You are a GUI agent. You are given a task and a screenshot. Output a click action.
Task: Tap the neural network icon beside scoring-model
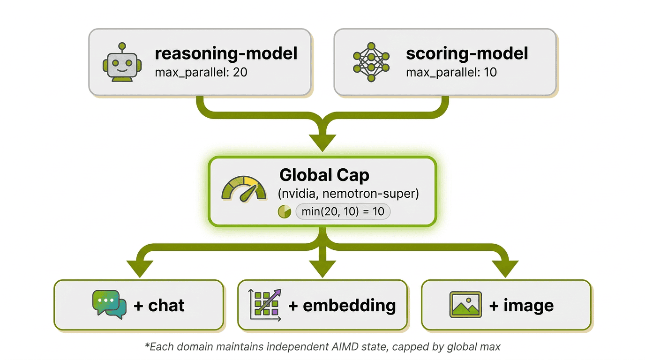(x=371, y=62)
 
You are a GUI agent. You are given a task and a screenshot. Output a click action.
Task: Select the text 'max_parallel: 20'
(x=201, y=73)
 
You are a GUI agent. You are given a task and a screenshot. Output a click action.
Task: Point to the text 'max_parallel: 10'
(x=451, y=73)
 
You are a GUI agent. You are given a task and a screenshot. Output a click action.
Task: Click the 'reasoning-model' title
(x=226, y=53)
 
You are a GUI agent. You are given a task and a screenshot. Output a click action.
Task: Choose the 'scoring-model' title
(x=467, y=53)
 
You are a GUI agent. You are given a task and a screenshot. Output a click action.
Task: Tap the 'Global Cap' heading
(x=324, y=175)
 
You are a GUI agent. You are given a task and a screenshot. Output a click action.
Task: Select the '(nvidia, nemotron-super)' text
(x=348, y=193)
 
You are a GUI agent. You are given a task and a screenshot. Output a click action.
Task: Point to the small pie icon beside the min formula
(x=285, y=211)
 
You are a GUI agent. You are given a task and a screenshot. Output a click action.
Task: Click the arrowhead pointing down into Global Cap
(x=322, y=142)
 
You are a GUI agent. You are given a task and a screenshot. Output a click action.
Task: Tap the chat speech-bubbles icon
(x=109, y=305)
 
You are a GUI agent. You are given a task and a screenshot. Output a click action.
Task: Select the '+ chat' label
(x=159, y=306)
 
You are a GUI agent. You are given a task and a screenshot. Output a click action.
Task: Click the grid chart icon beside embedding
(x=264, y=305)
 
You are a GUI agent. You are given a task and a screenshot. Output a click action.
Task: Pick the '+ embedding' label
(x=342, y=306)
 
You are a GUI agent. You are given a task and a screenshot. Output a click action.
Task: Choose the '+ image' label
(x=521, y=306)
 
